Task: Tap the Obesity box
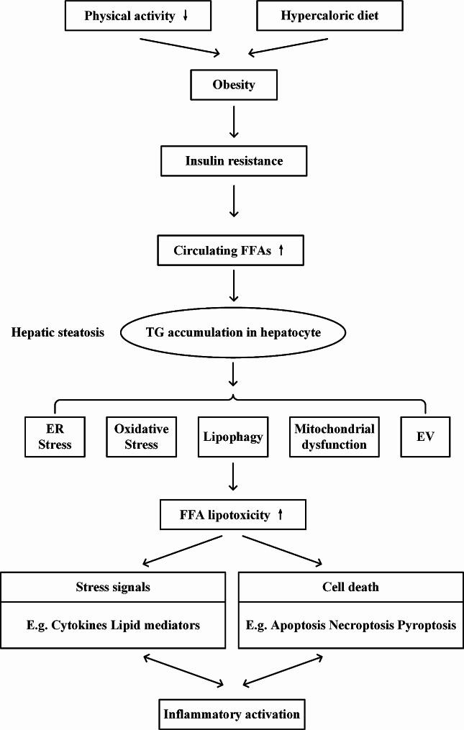coord(233,86)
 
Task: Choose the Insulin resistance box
coord(233,160)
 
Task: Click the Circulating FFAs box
coord(233,251)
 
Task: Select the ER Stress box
coord(54,436)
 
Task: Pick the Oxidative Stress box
coord(141,436)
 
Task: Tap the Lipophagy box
coord(233,436)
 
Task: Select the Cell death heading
coord(350,587)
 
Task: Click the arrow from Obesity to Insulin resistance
coord(233,122)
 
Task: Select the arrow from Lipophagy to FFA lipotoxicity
coord(233,476)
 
